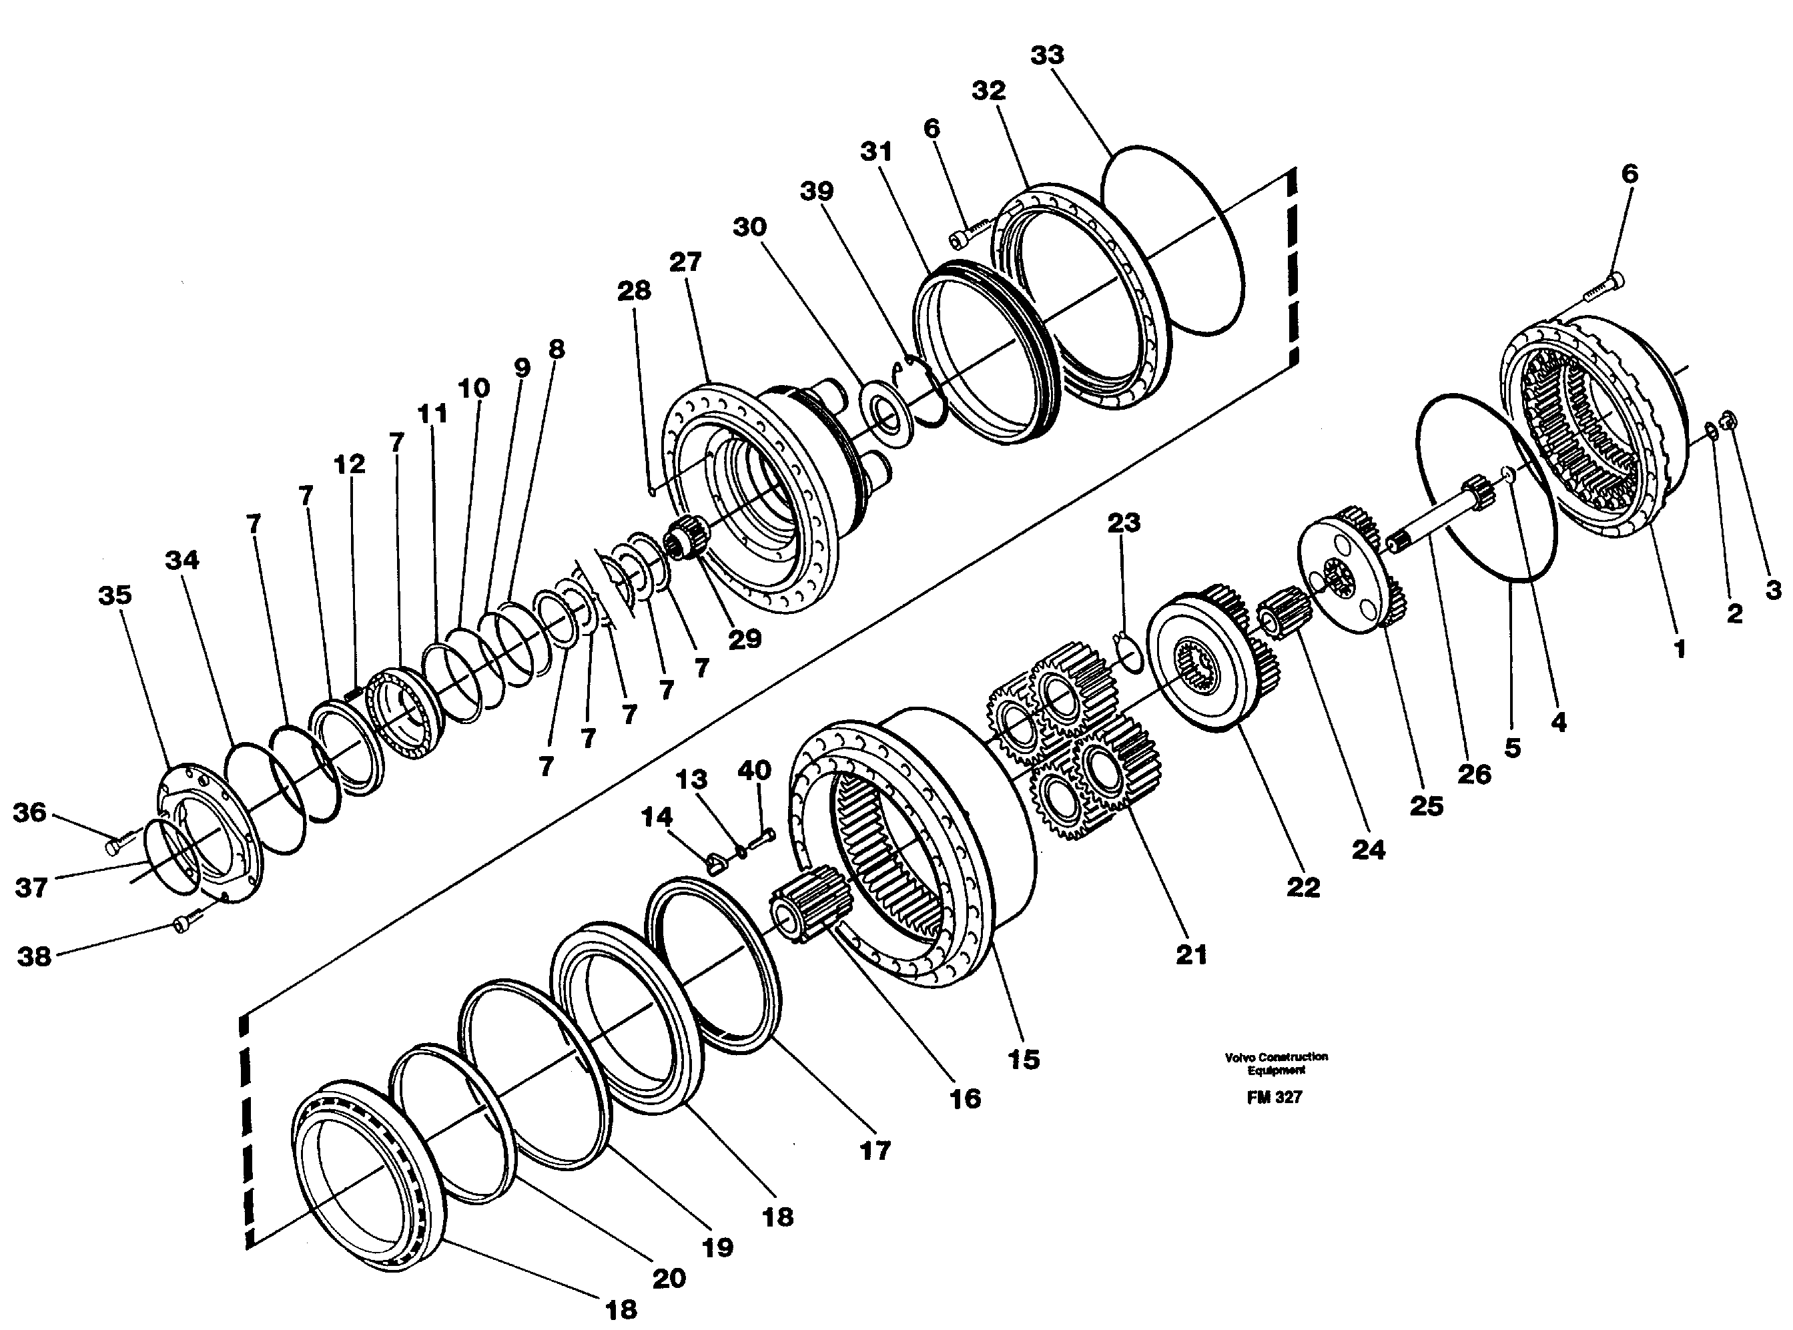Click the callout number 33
point(1047,55)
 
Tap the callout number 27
point(685,262)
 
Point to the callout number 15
point(1024,1058)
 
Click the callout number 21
point(1192,955)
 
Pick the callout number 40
point(755,771)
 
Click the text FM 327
point(1275,1097)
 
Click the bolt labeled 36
point(114,846)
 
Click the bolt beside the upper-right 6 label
point(1602,289)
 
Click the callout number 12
point(350,464)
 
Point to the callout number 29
point(744,639)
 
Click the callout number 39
point(816,192)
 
